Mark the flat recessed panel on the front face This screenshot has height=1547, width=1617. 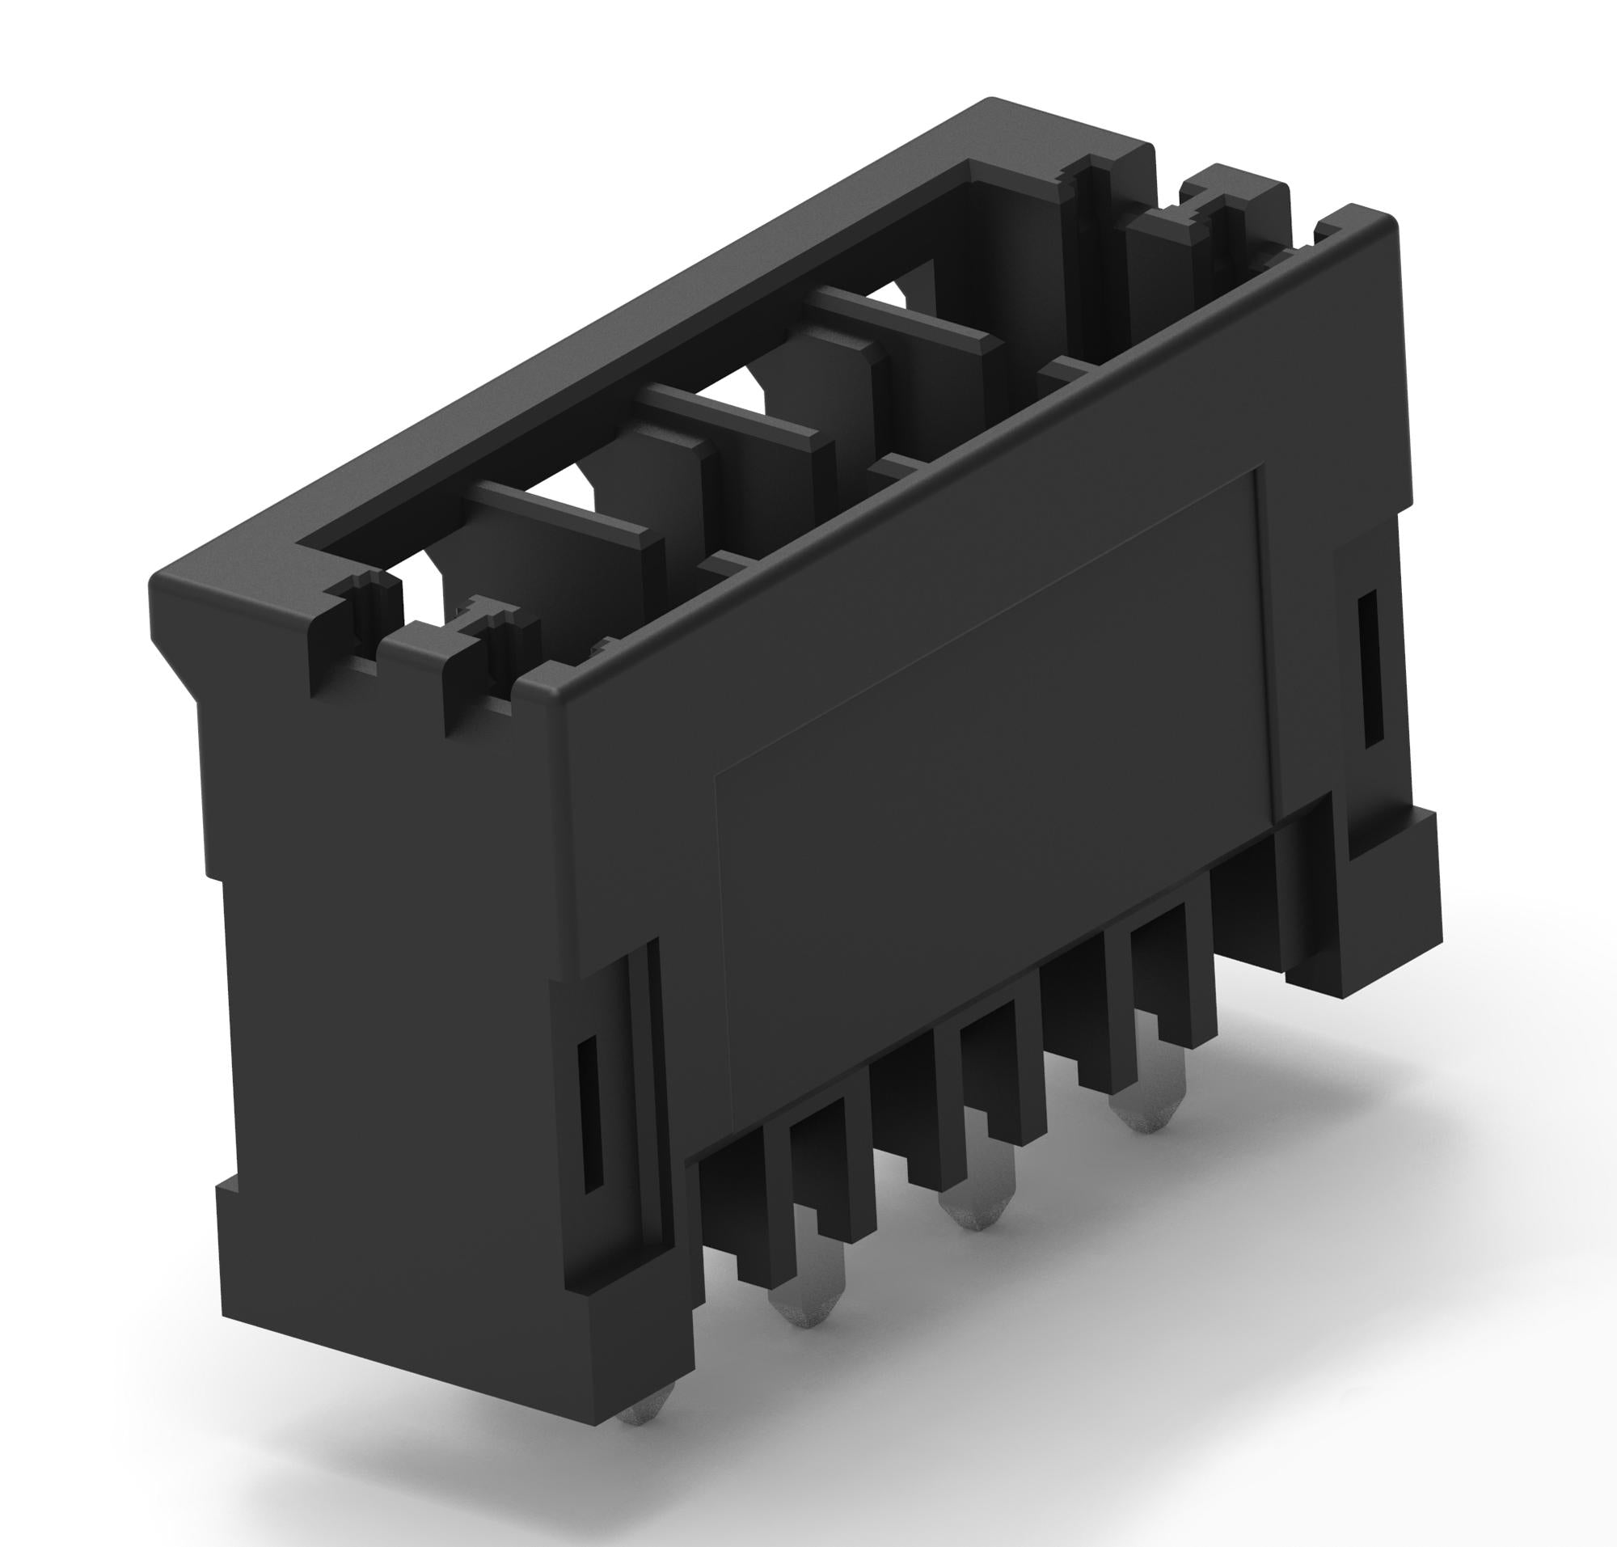tap(990, 784)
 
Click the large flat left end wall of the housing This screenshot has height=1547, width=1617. tap(387, 949)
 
